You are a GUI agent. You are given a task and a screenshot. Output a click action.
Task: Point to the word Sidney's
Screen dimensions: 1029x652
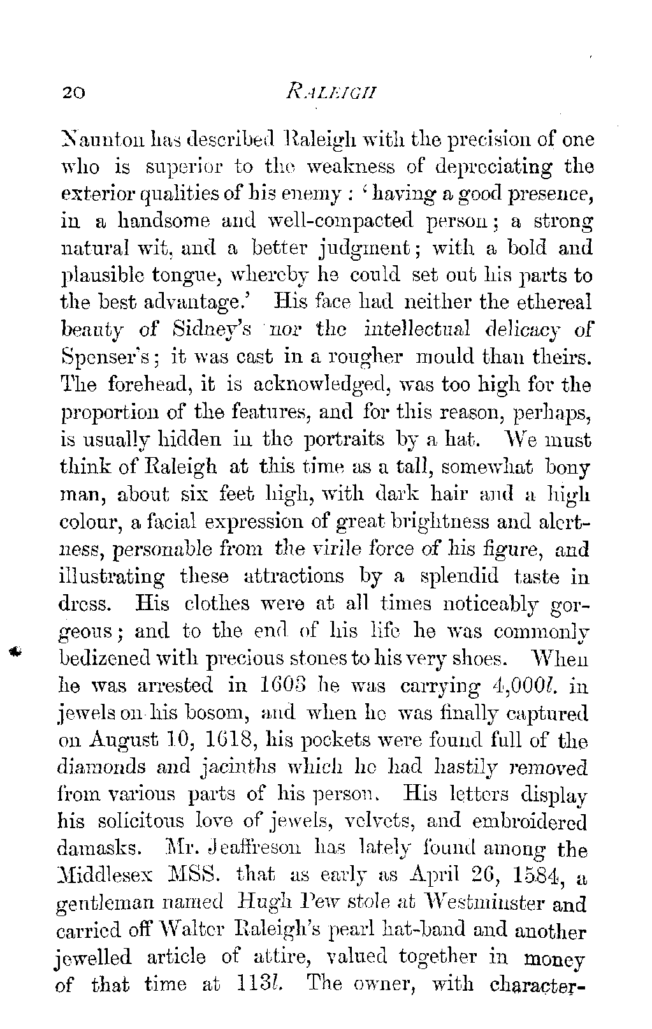coord(215,330)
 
